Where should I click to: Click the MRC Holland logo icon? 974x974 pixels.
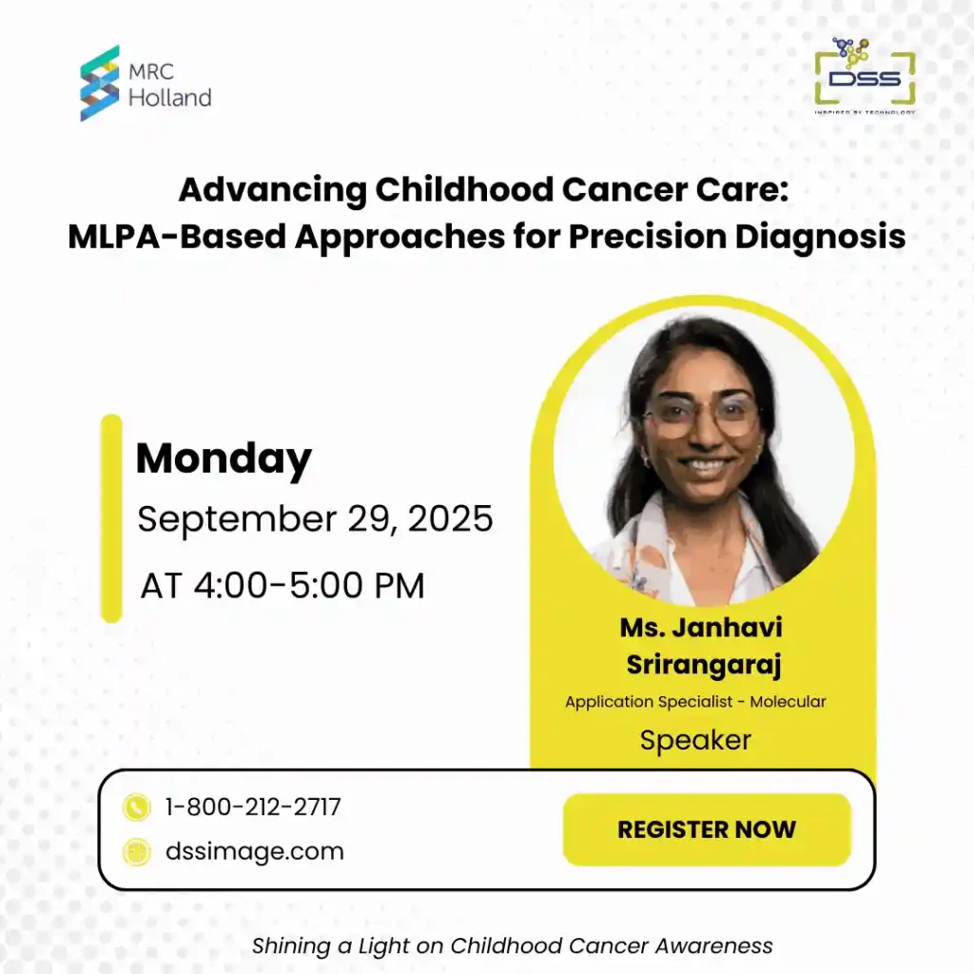coord(100,83)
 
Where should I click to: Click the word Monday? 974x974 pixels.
coord(224,459)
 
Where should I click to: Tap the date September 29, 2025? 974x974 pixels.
coord(315,519)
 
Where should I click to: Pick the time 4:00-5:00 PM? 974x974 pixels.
coord(282,585)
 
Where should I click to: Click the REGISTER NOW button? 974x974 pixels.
coord(707,829)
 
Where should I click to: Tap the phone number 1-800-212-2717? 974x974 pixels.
coord(253,808)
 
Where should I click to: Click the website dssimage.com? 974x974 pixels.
coord(255,851)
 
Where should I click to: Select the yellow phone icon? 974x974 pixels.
coord(137,808)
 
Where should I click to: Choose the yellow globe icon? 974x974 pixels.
coord(137,852)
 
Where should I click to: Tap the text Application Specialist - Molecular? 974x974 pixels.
coord(695,702)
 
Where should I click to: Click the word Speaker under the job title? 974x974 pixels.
coord(695,740)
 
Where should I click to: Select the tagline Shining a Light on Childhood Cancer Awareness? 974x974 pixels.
coord(512,945)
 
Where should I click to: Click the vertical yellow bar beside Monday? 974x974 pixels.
coord(112,518)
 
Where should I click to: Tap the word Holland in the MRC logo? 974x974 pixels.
coord(169,97)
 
